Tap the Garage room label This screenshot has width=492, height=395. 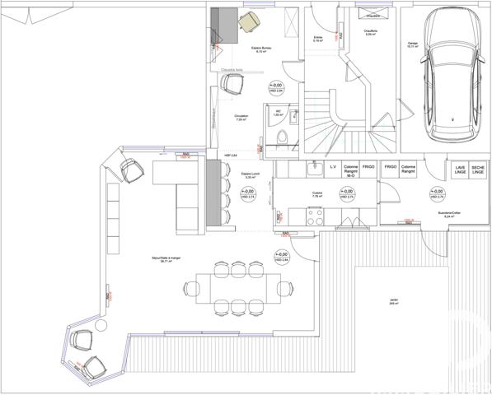[x=412, y=44]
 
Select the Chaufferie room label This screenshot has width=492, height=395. [x=370, y=34]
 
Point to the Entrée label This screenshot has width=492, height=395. [x=318, y=37]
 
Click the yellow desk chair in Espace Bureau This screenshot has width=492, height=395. [x=250, y=23]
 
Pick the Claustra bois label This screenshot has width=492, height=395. [x=232, y=71]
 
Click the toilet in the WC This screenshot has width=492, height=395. [x=283, y=137]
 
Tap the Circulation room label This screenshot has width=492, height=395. [x=241, y=117]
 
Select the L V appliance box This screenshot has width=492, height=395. [x=333, y=167]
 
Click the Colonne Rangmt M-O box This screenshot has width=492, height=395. [x=350, y=170]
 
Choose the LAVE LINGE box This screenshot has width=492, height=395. [x=460, y=170]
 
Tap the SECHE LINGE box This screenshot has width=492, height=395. [x=480, y=170]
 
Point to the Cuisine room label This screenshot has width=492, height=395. [x=317, y=194]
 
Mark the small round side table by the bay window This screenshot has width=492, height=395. [x=101, y=327]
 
